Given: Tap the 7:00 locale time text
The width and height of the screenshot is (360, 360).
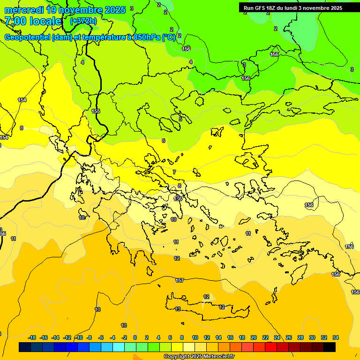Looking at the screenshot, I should (x=33, y=21).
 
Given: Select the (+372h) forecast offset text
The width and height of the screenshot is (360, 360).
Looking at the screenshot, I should (x=83, y=21).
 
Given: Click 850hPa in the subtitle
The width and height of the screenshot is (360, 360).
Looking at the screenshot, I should (x=147, y=37).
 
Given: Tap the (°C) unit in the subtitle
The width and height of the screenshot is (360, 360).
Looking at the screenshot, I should (x=169, y=37).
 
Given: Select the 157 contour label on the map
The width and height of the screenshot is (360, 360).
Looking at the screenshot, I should (x=180, y=280).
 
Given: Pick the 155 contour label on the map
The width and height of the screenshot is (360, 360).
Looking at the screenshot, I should (x=96, y=111).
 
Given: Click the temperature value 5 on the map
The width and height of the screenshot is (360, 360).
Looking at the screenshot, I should (x=180, y=120).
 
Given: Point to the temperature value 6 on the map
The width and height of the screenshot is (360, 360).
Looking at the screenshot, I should (x=164, y=141).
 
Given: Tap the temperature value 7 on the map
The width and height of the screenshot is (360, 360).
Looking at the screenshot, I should (x=174, y=172).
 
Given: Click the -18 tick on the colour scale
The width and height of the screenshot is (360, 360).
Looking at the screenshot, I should (x=32, y=337).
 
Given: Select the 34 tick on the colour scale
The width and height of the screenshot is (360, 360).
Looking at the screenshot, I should (x=336, y=337).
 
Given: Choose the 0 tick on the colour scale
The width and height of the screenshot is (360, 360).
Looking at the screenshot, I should (x=135, y=337).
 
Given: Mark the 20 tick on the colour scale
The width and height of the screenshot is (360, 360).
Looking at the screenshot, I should (x=254, y=337).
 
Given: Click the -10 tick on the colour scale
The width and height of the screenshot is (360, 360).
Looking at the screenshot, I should (x=78, y=337).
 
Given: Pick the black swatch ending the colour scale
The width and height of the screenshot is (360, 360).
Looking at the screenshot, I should (x=330, y=347).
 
